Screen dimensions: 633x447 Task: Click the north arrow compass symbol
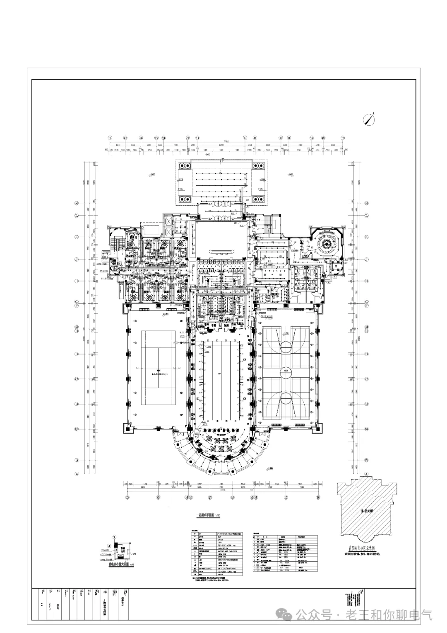point(369,119)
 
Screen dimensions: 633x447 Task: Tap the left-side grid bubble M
point(77,204)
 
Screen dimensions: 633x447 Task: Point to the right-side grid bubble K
point(367,237)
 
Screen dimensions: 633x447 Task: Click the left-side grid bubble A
point(77,473)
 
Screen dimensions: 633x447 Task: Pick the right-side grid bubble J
point(367,260)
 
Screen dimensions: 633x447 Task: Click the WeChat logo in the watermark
point(285,614)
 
